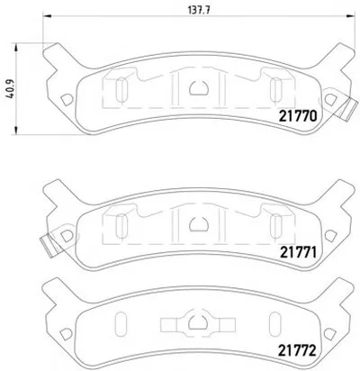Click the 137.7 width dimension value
click(x=199, y=10)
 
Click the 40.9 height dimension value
click(x=11, y=89)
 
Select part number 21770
click(x=298, y=116)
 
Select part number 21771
click(x=299, y=253)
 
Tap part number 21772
click(x=298, y=350)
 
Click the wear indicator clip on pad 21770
click(x=348, y=110)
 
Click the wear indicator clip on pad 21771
click(x=50, y=245)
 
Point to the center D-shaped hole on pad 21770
click(x=199, y=88)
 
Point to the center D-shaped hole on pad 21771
click(x=199, y=224)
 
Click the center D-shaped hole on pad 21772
click(x=198, y=322)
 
